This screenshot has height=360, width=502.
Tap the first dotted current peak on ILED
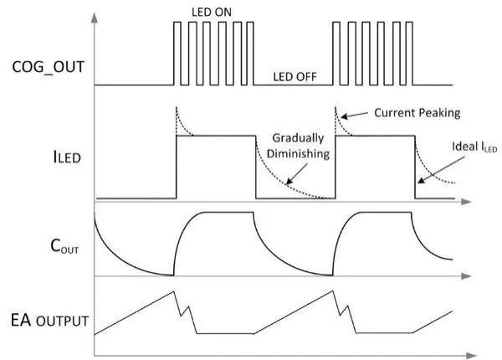pos(176,109)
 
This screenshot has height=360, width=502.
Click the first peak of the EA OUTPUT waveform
pos(173,291)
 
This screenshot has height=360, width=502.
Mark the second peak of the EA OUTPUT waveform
pos(334,291)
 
